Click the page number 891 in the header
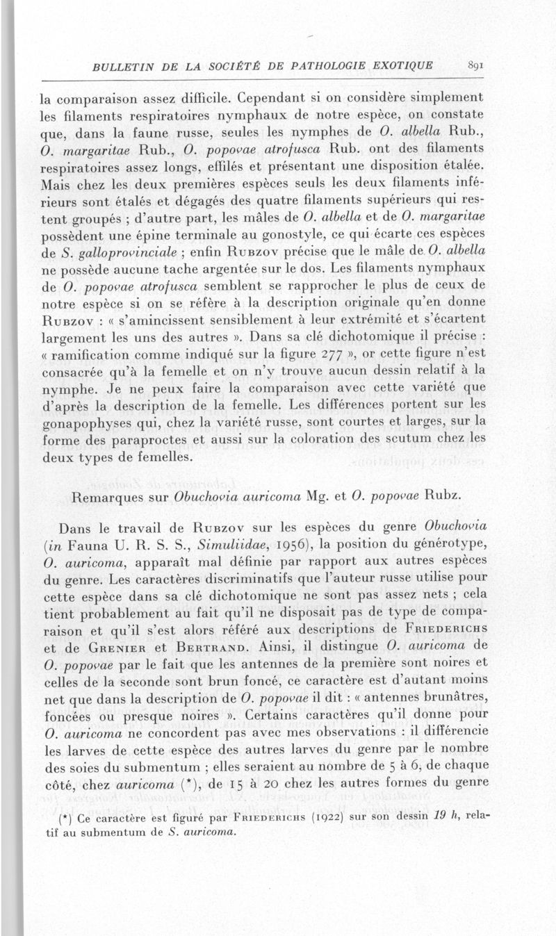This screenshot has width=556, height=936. pyautogui.click(x=475, y=66)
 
